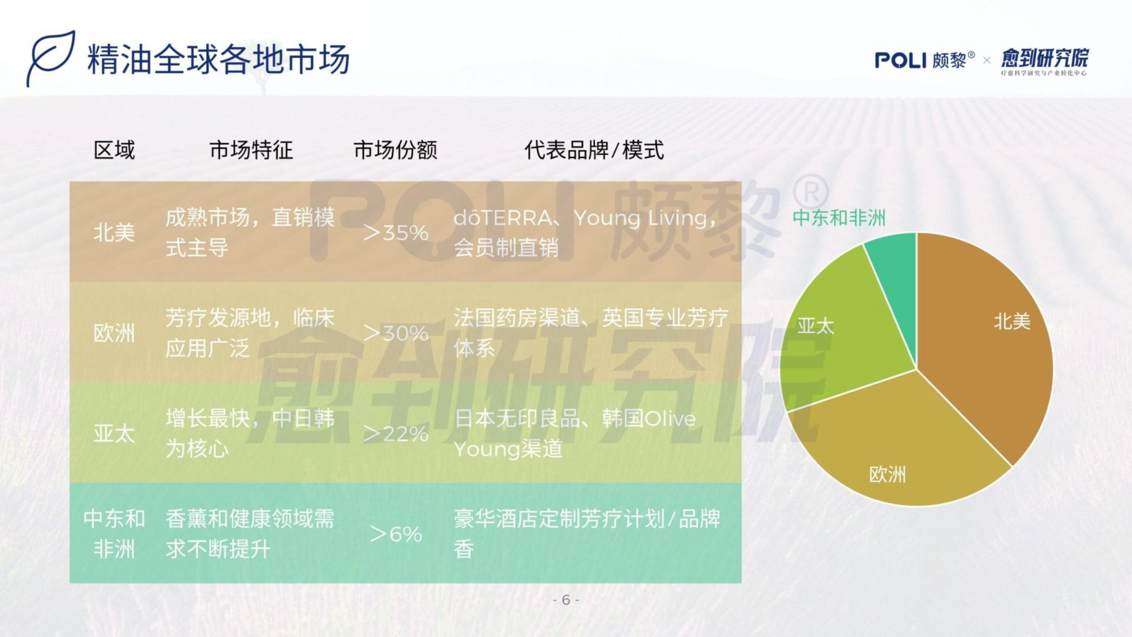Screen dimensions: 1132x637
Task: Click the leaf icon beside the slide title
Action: (50, 58)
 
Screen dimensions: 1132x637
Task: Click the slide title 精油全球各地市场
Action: (219, 59)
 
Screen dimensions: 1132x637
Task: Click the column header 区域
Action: (114, 150)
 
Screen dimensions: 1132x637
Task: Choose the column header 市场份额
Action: (395, 150)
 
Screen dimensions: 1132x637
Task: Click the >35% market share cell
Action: (396, 232)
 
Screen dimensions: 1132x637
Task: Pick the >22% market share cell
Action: (396, 434)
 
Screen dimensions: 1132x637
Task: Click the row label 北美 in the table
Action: (114, 232)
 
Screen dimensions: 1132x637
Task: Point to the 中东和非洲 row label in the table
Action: (114, 534)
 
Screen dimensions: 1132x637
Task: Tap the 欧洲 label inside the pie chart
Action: (887, 475)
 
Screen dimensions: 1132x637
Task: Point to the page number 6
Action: (566, 600)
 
